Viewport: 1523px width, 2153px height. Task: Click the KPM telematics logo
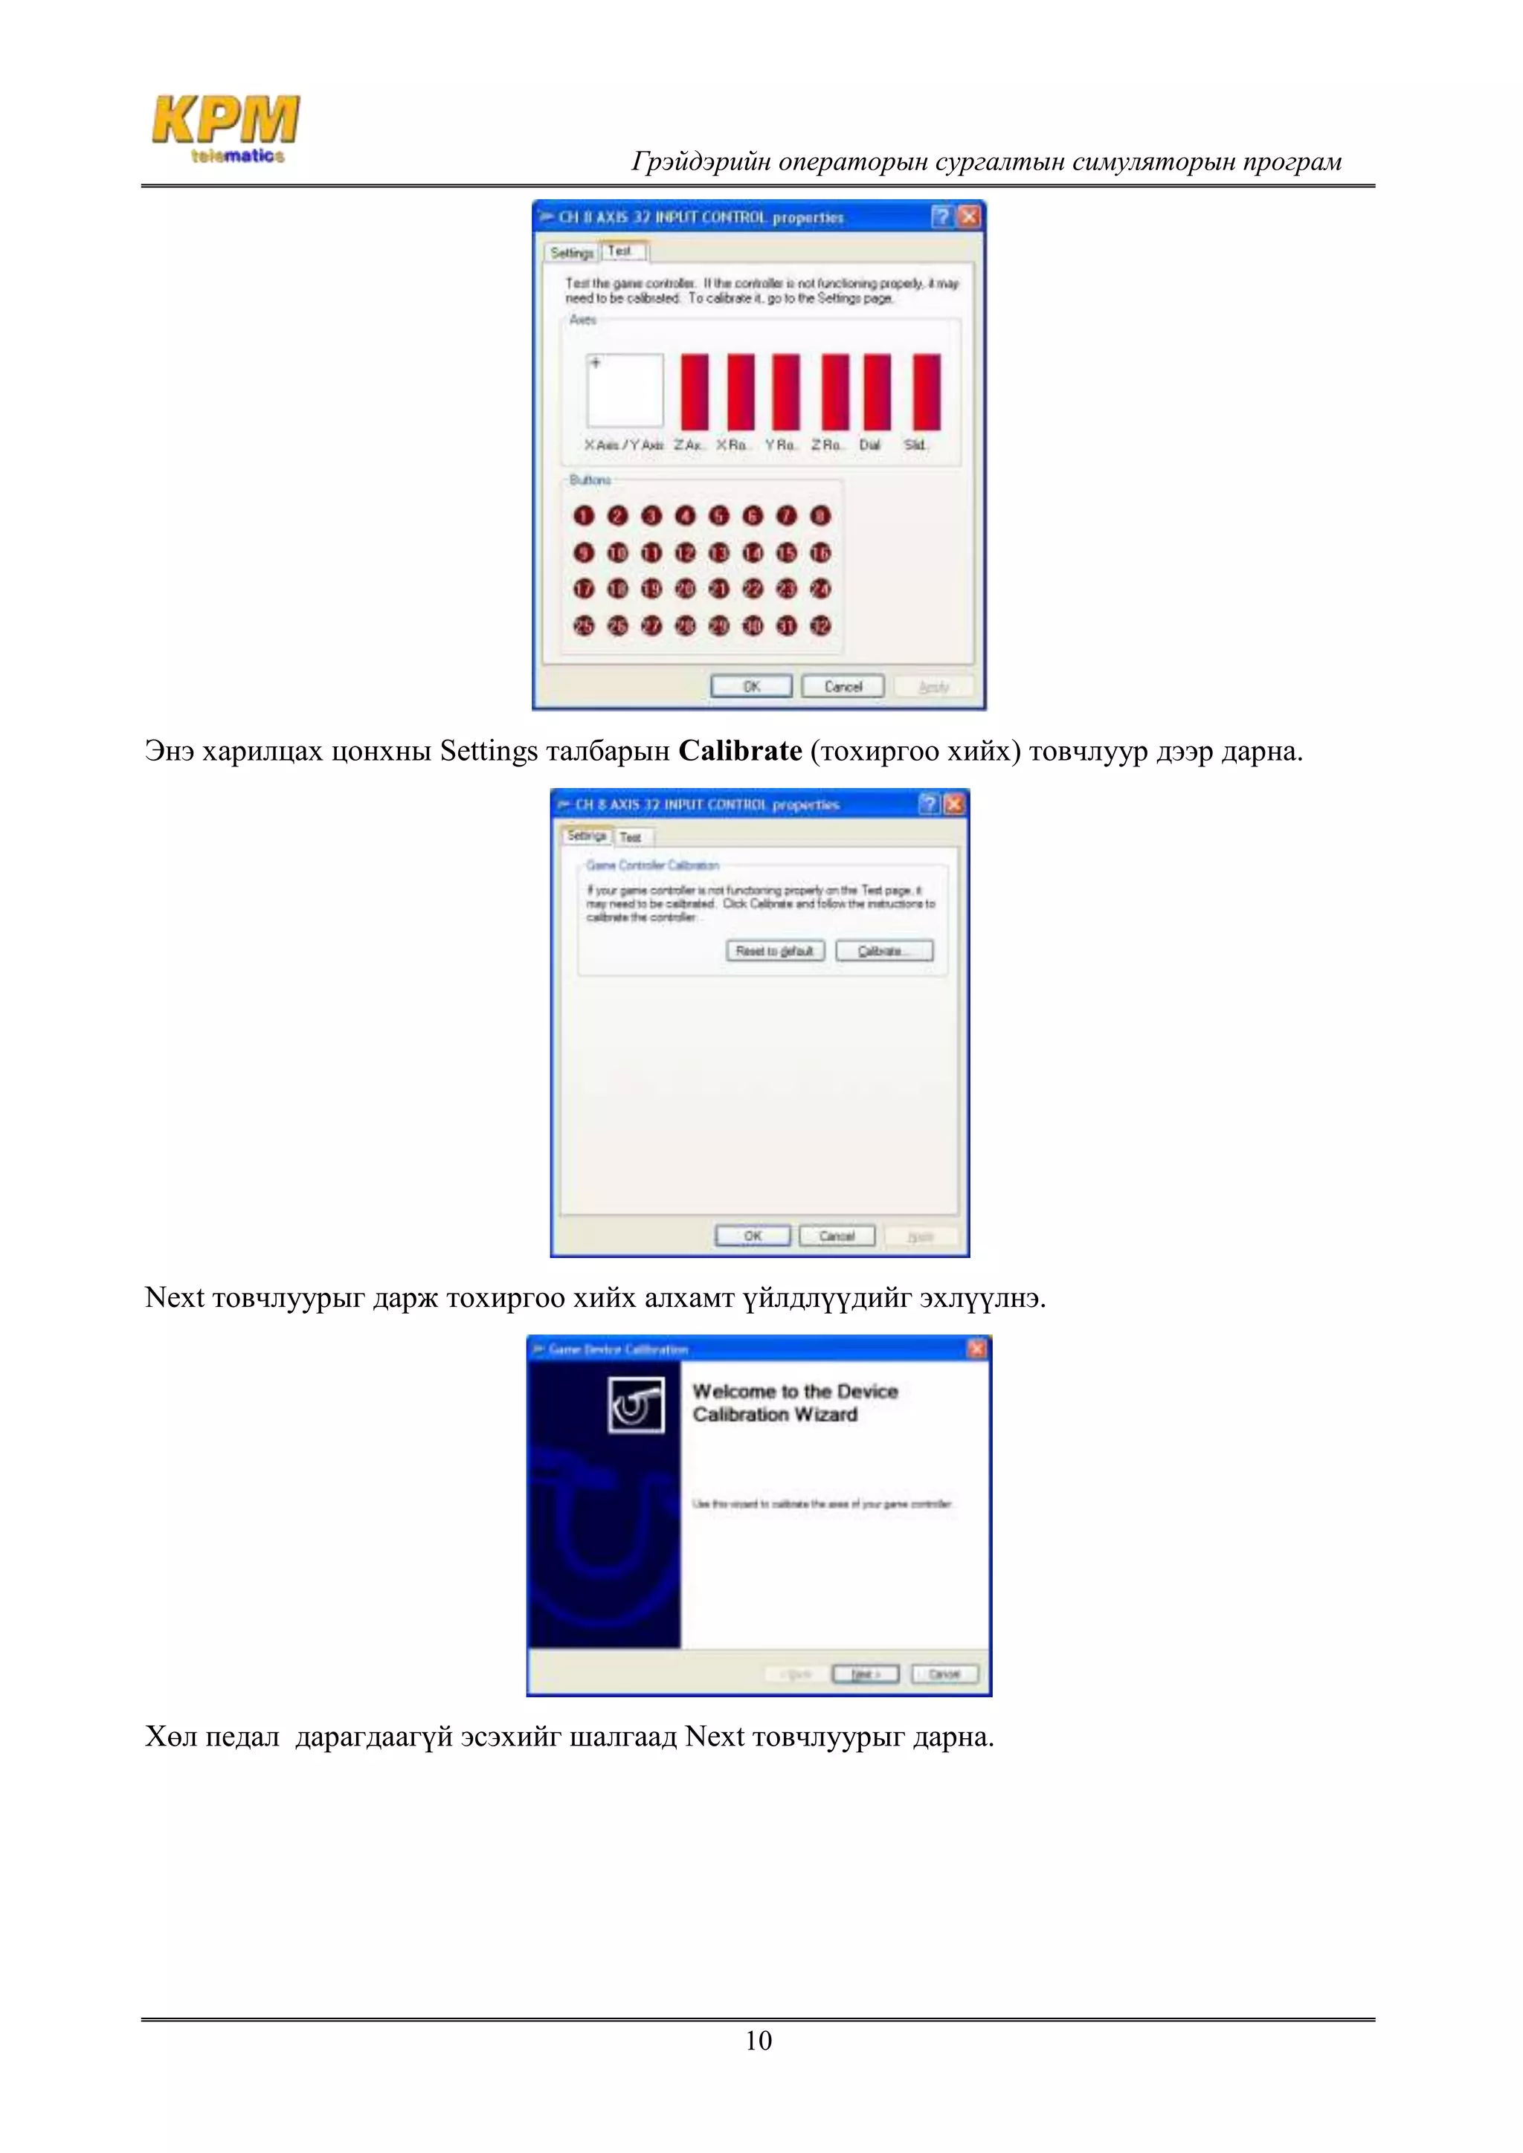226,129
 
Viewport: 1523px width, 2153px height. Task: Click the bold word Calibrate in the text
740,751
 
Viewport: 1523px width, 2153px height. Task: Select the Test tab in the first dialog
620,251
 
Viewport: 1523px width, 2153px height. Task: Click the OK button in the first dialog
751,686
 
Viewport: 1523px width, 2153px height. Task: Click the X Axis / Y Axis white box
625,390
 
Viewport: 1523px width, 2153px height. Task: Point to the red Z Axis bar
694,391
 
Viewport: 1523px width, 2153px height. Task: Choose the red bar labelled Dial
877,391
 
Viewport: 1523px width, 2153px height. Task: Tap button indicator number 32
820,625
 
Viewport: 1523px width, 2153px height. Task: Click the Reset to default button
775,951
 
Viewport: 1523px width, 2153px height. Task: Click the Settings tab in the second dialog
586,836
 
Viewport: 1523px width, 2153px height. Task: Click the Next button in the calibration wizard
865,1673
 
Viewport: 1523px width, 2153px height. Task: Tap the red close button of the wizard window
976,1349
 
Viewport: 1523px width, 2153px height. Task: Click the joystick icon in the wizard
636,1404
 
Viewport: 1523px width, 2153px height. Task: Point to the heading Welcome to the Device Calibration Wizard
795,1403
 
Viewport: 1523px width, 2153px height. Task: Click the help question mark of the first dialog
941,216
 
